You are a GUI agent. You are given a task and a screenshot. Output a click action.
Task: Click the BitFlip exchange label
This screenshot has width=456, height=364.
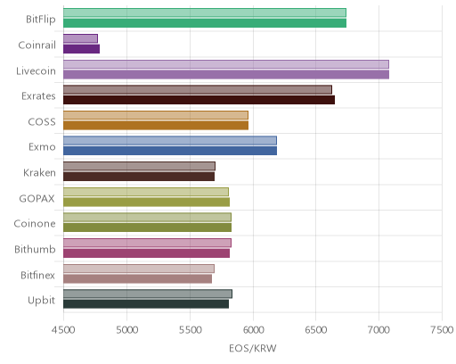click(x=41, y=20)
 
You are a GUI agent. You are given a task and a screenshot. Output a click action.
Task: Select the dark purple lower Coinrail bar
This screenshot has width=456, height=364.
click(x=81, y=49)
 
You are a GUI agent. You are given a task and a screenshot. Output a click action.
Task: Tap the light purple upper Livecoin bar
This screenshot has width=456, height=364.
click(x=226, y=64)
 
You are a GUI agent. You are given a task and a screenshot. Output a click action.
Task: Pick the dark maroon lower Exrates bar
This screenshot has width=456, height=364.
click(x=199, y=100)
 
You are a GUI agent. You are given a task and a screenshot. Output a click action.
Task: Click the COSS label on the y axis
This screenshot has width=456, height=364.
click(x=42, y=122)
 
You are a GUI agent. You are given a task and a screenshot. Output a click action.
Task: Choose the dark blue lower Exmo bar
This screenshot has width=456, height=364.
click(x=170, y=151)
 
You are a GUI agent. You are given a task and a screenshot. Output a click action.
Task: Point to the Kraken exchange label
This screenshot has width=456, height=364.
click(x=39, y=172)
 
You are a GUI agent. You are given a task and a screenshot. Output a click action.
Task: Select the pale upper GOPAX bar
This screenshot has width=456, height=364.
click(x=146, y=192)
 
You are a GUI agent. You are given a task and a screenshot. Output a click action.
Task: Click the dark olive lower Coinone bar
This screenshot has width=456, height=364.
click(x=147, y=227)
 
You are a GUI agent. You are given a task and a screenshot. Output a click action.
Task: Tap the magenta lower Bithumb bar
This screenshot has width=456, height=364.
click(x=146, y=253)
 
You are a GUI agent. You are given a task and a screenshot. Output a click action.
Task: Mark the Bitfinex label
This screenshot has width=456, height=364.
click(x=37, y=275)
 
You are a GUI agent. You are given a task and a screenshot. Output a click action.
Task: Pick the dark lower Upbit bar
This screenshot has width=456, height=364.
click(x=146, y=304)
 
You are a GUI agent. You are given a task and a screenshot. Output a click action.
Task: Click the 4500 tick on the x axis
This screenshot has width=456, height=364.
click(x=64, y=330)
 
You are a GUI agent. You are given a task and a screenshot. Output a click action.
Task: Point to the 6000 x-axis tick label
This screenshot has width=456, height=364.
click(x=253, y=330)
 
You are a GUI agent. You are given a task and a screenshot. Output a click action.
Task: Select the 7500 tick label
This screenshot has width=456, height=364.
click(x=442, y=330)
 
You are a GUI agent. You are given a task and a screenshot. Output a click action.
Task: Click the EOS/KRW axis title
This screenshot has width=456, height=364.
click(x=253, y=348)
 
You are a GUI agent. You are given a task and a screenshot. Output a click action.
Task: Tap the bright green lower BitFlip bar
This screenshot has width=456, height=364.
click(x=205, y=23)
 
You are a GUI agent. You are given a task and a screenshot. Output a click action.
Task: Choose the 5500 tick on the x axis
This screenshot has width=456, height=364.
click(x=191, y=330)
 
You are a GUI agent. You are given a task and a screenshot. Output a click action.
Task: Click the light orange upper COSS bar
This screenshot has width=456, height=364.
click(x=156, y=115)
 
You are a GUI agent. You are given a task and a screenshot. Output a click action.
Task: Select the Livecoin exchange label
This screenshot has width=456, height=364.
click(x=36, y=71)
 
